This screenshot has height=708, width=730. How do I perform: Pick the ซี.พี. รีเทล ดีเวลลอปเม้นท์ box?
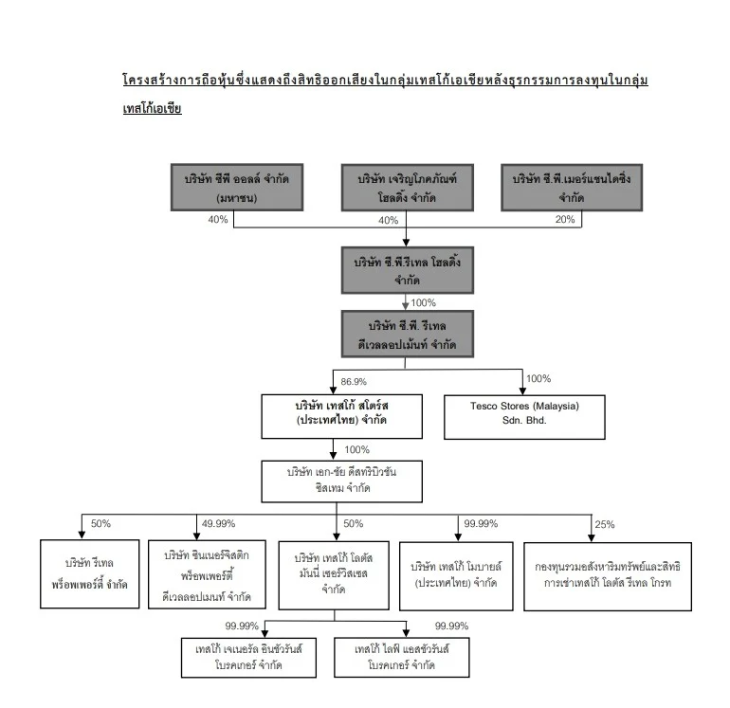pos(406,335)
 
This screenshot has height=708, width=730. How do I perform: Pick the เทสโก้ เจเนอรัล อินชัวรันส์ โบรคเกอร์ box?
pos(249,657)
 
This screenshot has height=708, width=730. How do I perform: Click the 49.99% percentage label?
pos(219,523)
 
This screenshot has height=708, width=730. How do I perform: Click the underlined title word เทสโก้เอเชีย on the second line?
pos(152,109)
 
